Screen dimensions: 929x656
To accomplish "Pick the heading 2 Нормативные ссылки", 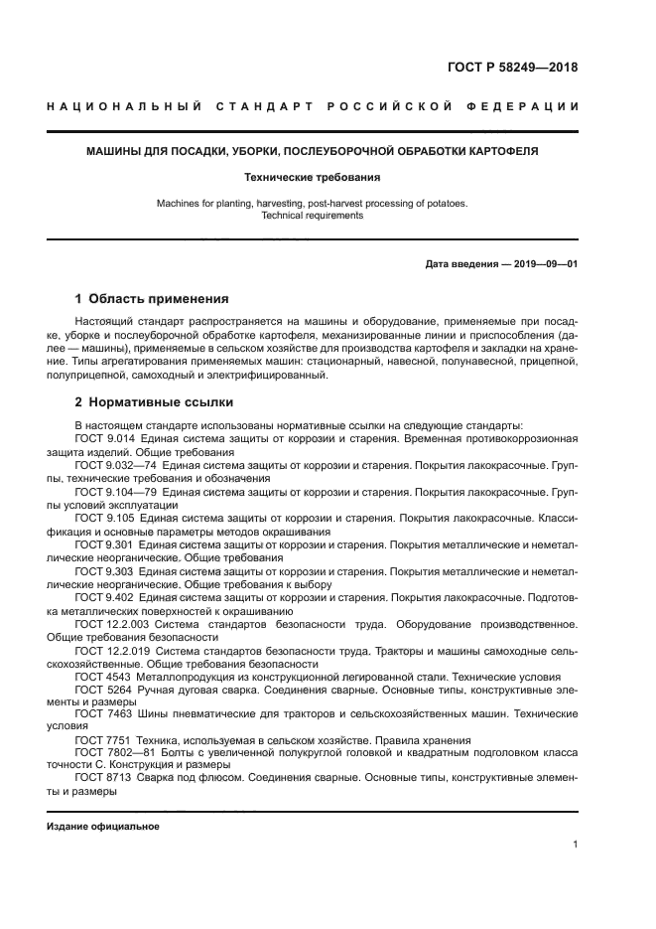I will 154,402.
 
